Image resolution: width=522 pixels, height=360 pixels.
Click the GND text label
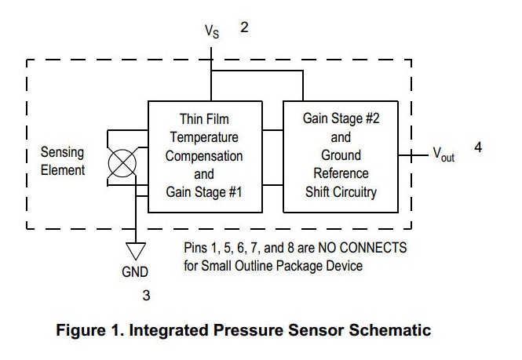pos(135,272)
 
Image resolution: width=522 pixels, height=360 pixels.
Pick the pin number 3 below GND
pos(146,296)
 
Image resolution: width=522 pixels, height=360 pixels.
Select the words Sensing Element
pos(62,161)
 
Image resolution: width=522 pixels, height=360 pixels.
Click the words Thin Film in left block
pos(204,119)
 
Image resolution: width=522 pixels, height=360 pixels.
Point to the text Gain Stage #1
pos(204,191)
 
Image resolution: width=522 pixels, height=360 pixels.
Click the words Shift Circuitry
pos(341,190)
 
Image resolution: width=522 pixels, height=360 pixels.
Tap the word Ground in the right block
pos(341,155)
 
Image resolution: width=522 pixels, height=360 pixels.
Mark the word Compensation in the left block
pos(204,155)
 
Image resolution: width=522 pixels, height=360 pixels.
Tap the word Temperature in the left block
pos(204,137)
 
